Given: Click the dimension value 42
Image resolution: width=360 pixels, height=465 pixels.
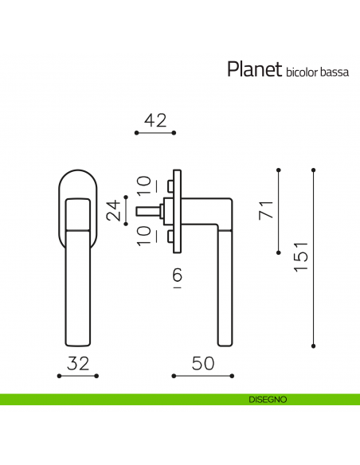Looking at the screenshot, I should click(x=155, y=120).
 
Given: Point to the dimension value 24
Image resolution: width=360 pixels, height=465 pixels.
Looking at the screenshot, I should click(x=115, y=209).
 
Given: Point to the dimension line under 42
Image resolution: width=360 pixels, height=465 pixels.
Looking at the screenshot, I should click(x=155, y=133).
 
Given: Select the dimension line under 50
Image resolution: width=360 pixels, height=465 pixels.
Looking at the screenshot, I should click(x=203, y=376).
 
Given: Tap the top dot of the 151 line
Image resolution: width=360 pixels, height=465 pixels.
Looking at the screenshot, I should click(x=314, y=169).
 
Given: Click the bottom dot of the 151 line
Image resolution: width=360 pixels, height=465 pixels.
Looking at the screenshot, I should click(x=314, y=346).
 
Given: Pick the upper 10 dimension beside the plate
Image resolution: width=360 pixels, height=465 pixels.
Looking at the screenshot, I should click(x=143, y=184).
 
